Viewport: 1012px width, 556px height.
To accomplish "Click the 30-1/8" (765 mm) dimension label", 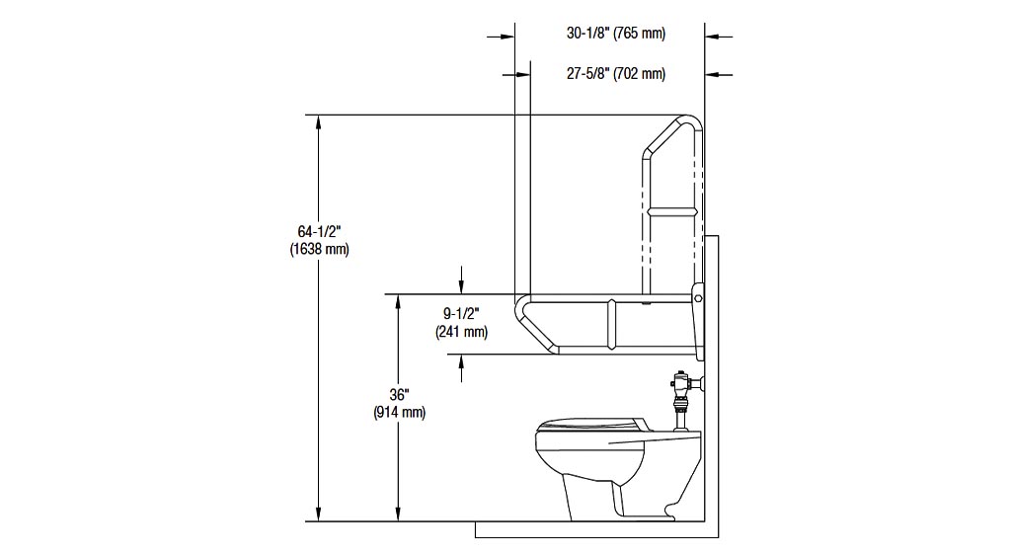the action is click(x=616, y=33).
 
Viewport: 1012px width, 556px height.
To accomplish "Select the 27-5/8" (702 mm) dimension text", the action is click(x=616, y=74).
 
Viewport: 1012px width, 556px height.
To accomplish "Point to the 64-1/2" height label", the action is click(x=319, y=231).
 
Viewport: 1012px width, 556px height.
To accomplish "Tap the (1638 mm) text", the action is click(x=320, y=249).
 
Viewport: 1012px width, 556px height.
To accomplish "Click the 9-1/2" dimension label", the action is click(x=461, y=314).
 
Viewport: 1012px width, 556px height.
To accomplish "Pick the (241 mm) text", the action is click(x=461, y=332).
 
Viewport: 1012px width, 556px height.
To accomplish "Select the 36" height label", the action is click(x=399, y=395).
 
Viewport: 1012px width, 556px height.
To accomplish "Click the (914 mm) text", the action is click(x=400, y=412).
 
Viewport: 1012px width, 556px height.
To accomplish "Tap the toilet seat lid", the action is click(x=588, y=425).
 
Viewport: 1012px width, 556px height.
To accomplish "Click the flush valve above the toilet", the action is click(x=681, y=400).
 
